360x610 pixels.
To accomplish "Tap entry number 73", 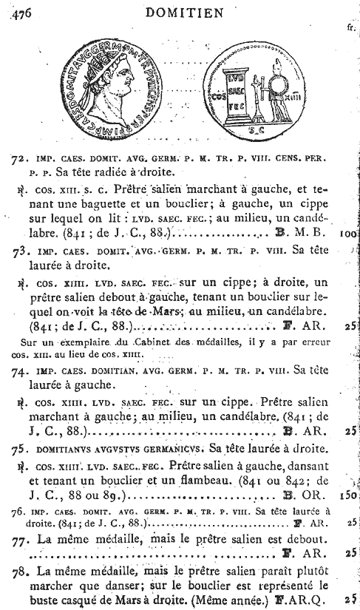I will click(x=21, y=251).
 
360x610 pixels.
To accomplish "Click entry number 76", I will click(x=20, y=512).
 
